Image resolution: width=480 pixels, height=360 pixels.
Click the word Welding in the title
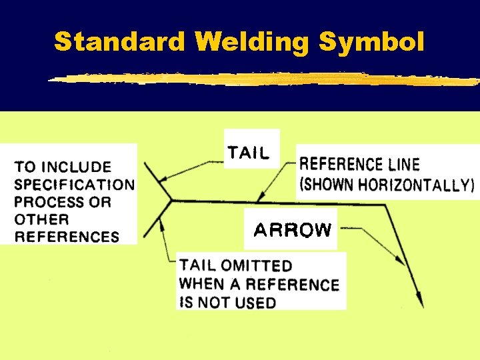click(254, 42)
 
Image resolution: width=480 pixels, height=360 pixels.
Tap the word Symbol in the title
click(371, 42)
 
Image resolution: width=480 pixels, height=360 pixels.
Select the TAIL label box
click(249, 153)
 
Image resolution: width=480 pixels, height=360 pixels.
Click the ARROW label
click(293, 230)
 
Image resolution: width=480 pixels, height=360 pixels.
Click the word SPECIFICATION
click(74, 185)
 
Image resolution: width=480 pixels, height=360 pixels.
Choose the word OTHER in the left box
click(41, 219)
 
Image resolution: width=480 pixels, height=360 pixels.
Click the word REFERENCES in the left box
click(67, 237)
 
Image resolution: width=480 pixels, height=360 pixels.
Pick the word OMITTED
click(258, 267)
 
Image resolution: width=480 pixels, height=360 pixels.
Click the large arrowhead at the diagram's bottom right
click(419, 298)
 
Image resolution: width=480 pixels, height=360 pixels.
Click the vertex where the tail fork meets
click(171, 199)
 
